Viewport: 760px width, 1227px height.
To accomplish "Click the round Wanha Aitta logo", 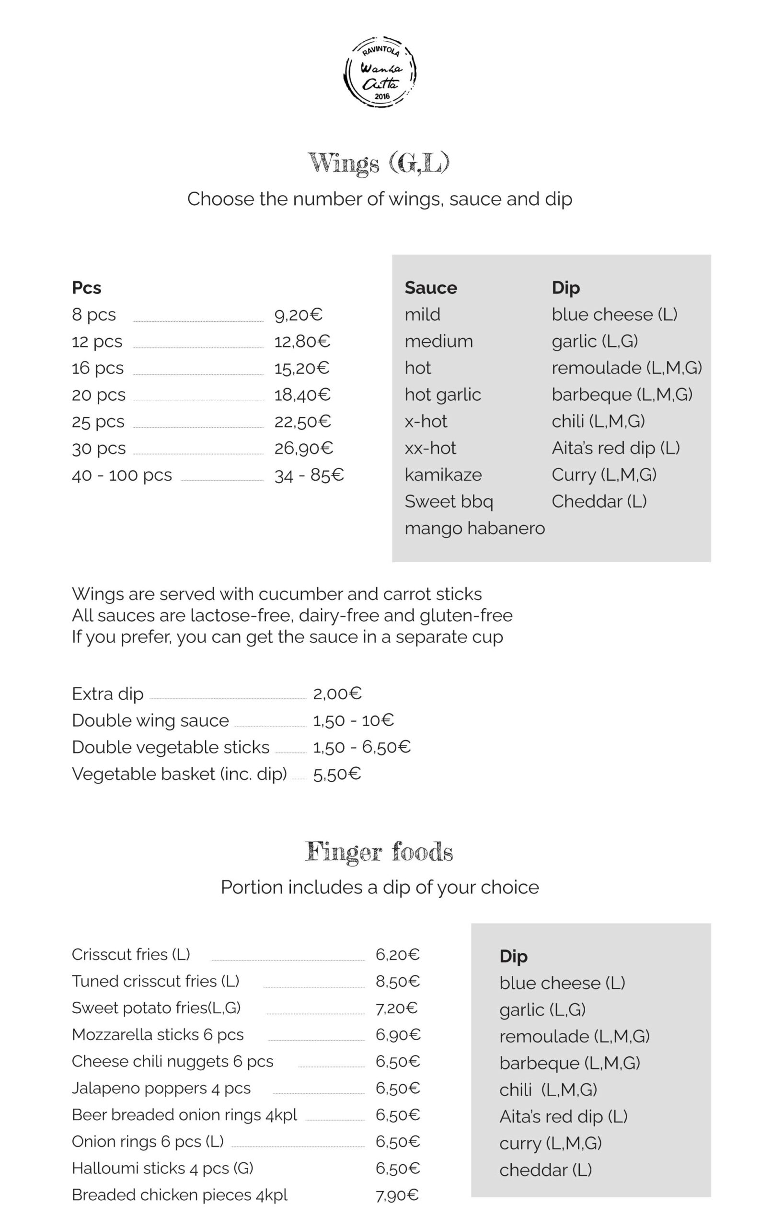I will pyautogui.click(x=380, y=72).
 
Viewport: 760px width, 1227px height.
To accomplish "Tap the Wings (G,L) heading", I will pyautogui.click(x=379, y=163).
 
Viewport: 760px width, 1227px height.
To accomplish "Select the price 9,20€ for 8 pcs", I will pyautogui.click(x=298, y=315).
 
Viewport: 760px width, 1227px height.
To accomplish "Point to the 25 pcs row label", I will pyautogui.click(x=98, y=421).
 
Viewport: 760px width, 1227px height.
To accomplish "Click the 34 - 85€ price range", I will pyautogui.click(x=309, y=475).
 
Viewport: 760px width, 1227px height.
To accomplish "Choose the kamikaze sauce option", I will pyautogui.click(x=443, y=475).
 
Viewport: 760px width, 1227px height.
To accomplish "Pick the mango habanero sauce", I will pyautogui.click(x=474, y=528).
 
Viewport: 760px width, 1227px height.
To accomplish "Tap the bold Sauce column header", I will pyautogui.click(x=431, y=288).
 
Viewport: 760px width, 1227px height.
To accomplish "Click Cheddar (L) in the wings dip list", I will pyautogui.click(x=599, y=501).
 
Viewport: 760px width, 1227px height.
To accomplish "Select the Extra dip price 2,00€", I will pyautogui.click(x=337, y=694).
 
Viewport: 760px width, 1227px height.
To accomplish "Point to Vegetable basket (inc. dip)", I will pyautogui.click(x=179, y=774).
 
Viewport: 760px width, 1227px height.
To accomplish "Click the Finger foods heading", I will pyautogui.click(x=379, y=852).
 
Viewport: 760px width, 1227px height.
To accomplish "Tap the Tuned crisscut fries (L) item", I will pyautogui.click(x=155, y=981).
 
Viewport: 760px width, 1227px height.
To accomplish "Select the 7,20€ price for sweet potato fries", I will pyautogui.click(x=397, y=1007).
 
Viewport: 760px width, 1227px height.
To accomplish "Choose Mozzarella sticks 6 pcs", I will pyautogui.click(x=157, y=1034).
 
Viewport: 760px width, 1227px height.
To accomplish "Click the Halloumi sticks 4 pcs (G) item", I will pyautogui.click(x=162, y=1168).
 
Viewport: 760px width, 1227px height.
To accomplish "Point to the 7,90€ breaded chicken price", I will pyautogui.click(x=397, y=1195).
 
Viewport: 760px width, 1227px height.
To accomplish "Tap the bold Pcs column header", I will pyautogui.click(x=86, y=288).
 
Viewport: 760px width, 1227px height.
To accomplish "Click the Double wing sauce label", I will pyautogui.click(x=150, y=720).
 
